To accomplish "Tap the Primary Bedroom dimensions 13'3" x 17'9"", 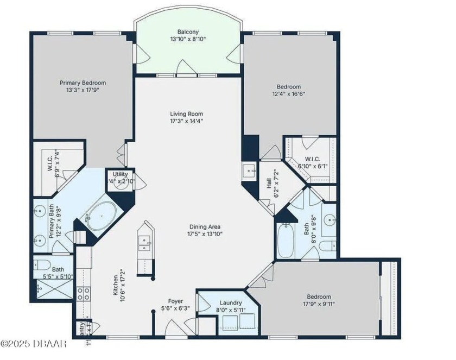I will point(83,91).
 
